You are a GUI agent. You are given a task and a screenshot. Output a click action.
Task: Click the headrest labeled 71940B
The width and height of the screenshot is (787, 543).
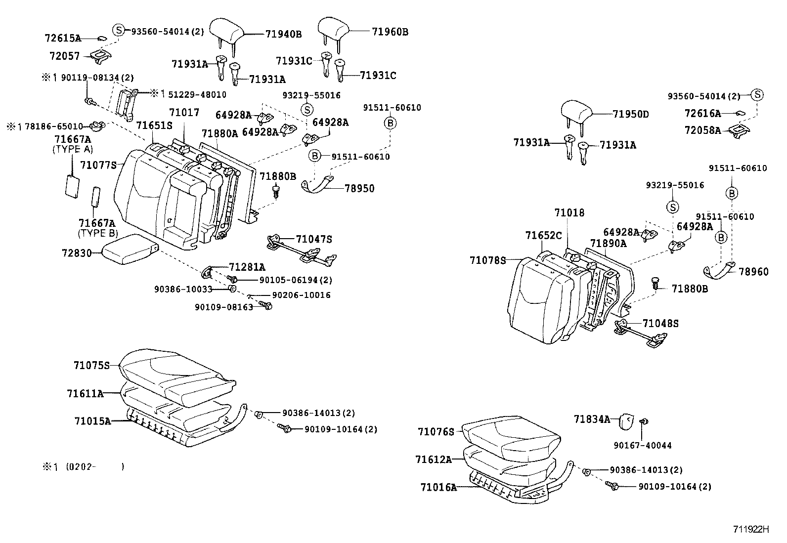click(x=226, y=31)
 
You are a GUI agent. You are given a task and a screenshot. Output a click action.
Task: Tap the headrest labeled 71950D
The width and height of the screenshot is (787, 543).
click(x=576, y=113)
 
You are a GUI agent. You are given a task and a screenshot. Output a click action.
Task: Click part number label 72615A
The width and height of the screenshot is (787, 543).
click(x=62, y=38)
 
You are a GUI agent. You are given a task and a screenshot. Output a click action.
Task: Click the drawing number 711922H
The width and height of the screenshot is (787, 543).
click(x=751, y=529)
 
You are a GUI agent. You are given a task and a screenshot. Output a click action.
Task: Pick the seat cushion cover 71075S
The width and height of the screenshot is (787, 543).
click(x=175, y=373)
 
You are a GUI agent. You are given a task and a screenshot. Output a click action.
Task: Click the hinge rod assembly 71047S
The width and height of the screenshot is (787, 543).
click(x=302, y=250)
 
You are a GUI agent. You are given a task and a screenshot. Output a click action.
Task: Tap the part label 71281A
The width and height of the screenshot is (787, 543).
click(x=247, y=267)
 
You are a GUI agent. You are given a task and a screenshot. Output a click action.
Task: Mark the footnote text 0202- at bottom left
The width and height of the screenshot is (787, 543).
click(x=82, y=466)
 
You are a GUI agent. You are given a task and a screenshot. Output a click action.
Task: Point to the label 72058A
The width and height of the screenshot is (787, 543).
click(x=702, y=130)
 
